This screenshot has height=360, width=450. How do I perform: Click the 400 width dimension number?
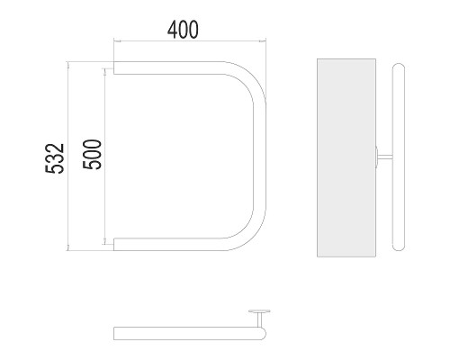[183, 30]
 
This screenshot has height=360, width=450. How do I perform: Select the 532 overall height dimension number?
[55, 158]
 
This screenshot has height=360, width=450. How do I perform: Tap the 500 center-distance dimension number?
[93, 155]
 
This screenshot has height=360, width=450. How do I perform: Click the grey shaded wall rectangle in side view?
[346, 157]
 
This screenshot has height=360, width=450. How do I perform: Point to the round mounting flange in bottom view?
[259, 311]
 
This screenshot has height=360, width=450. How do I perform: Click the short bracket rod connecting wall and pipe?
[385, 157]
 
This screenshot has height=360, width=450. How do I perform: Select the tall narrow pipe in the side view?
[399, 157]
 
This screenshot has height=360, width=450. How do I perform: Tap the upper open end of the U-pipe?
[113, 67]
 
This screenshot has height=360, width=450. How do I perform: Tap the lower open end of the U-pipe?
[113, 244]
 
